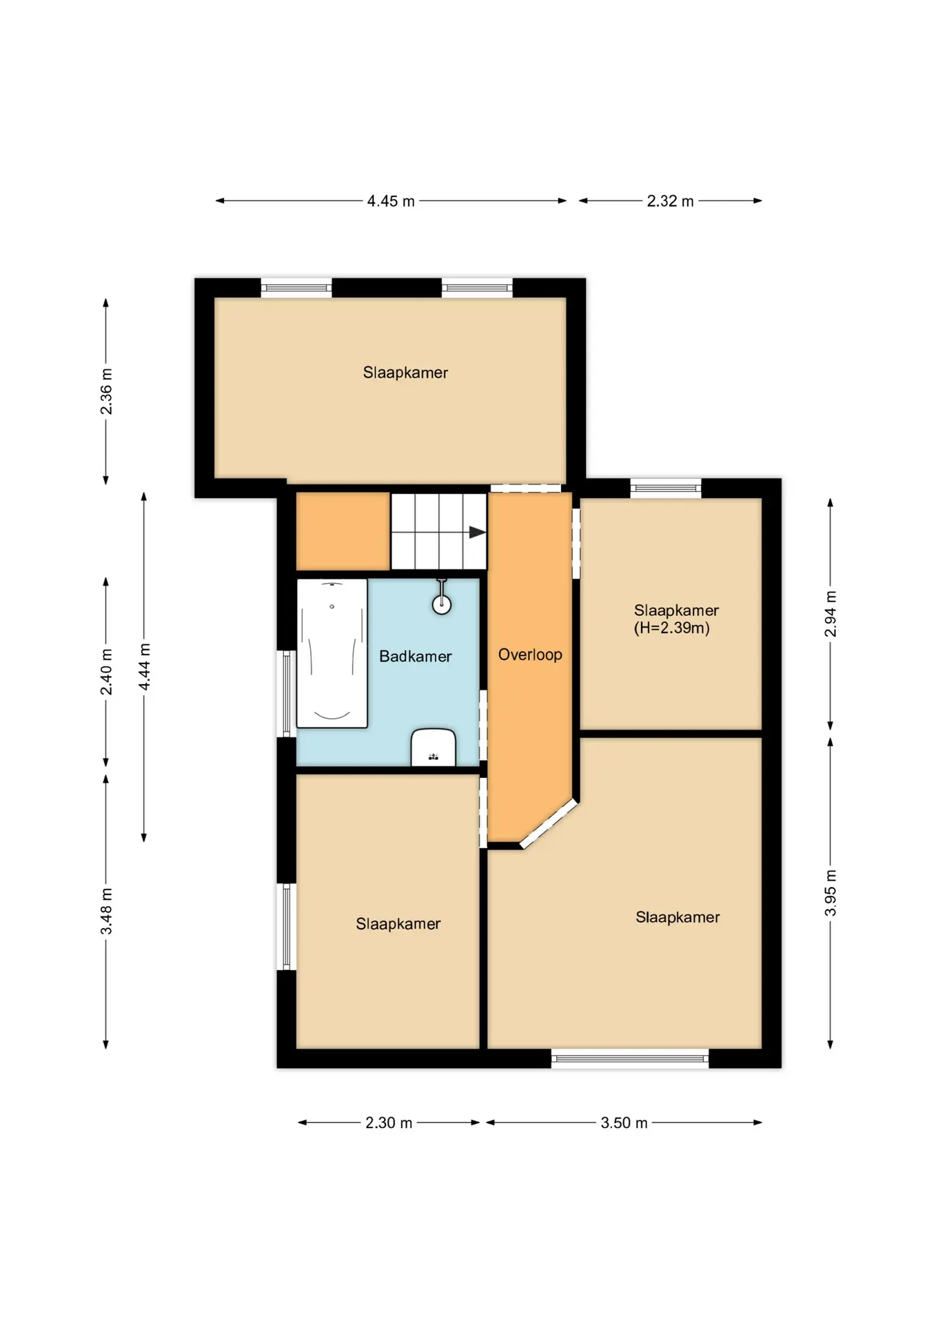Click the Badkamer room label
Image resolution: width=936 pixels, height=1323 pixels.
(415, 656)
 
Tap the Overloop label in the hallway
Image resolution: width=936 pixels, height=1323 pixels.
(530, 655)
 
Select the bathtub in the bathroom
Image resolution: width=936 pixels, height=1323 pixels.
(332, 653)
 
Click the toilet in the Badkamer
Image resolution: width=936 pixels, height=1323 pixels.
(434, 747)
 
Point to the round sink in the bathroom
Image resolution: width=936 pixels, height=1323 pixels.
(442, 604)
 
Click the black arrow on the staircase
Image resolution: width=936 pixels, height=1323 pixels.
(477, 532)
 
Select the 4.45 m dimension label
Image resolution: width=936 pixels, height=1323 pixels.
(391, 201)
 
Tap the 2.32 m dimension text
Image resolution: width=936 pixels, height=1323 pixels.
(670, 201)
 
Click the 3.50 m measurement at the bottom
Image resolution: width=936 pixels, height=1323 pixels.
(624, 1122)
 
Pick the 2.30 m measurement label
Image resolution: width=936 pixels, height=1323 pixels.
(389, 1122)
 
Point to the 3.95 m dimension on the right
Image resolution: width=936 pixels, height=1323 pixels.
(831, 893)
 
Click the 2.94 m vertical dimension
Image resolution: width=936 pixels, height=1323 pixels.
(831, 614)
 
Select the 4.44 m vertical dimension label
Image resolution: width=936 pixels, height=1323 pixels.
(144, 666)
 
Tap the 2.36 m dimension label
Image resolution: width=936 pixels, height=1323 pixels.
(106, 391)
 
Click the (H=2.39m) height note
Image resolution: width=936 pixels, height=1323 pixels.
(672, 628)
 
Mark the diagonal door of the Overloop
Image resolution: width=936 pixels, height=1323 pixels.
(549, 823)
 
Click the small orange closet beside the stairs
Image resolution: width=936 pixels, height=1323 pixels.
(343, 531)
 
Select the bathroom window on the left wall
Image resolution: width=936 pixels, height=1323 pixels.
(287, 693)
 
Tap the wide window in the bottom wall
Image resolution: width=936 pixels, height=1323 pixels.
(630, 1058)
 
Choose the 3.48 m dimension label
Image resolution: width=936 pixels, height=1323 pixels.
(106, 912)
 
